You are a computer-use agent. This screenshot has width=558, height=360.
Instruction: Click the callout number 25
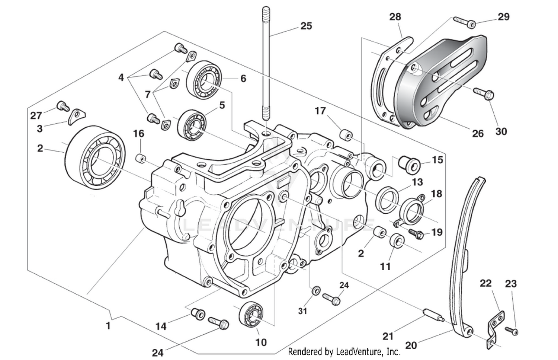tap(306, 26)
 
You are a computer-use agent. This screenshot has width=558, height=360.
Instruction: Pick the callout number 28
tap(395, 17)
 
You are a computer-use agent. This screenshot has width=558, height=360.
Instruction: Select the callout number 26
tap(478, 133)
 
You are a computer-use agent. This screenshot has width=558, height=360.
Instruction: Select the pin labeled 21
tap(432, 315)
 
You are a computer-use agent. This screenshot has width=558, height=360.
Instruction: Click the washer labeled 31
tap(316, 290)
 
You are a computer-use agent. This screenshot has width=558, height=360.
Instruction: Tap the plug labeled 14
tap(198, 313)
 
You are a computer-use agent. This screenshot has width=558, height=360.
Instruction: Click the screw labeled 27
tap(62, 106)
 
